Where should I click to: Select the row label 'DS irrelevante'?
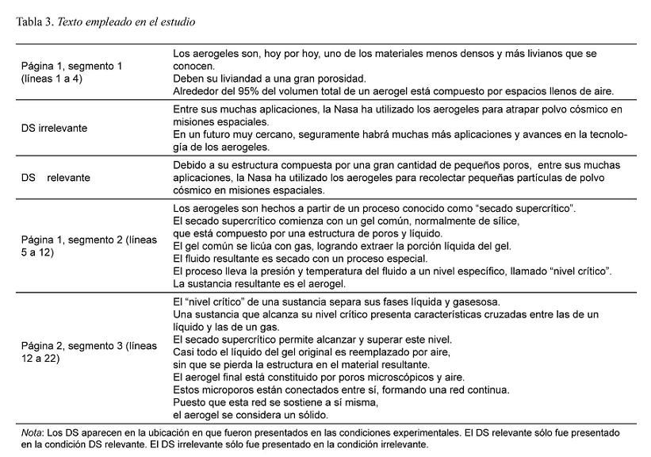[54, 126]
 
